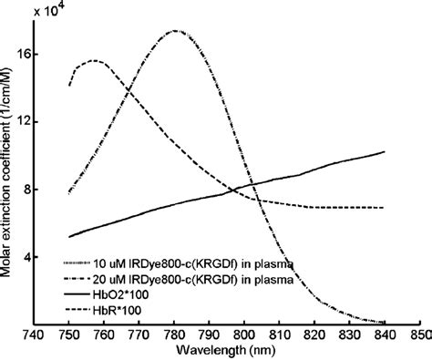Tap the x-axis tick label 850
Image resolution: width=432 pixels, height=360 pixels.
(x=418, y=334)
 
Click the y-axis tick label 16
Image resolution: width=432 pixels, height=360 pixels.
(x=21, y=55)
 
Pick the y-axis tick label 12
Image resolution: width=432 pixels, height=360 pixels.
(x=21, y=122)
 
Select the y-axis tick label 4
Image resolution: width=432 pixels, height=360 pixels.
(x=25, y=258)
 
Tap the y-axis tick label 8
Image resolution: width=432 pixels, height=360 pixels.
(x=25, y=190)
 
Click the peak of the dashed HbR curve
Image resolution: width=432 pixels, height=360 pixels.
(x=94, y=60)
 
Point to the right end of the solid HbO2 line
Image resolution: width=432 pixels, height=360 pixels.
(x=384, y=152)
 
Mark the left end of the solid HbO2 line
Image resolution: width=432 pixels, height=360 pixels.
(x=69, y=237)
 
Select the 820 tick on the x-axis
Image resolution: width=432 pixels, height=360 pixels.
(x=314, y=334)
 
